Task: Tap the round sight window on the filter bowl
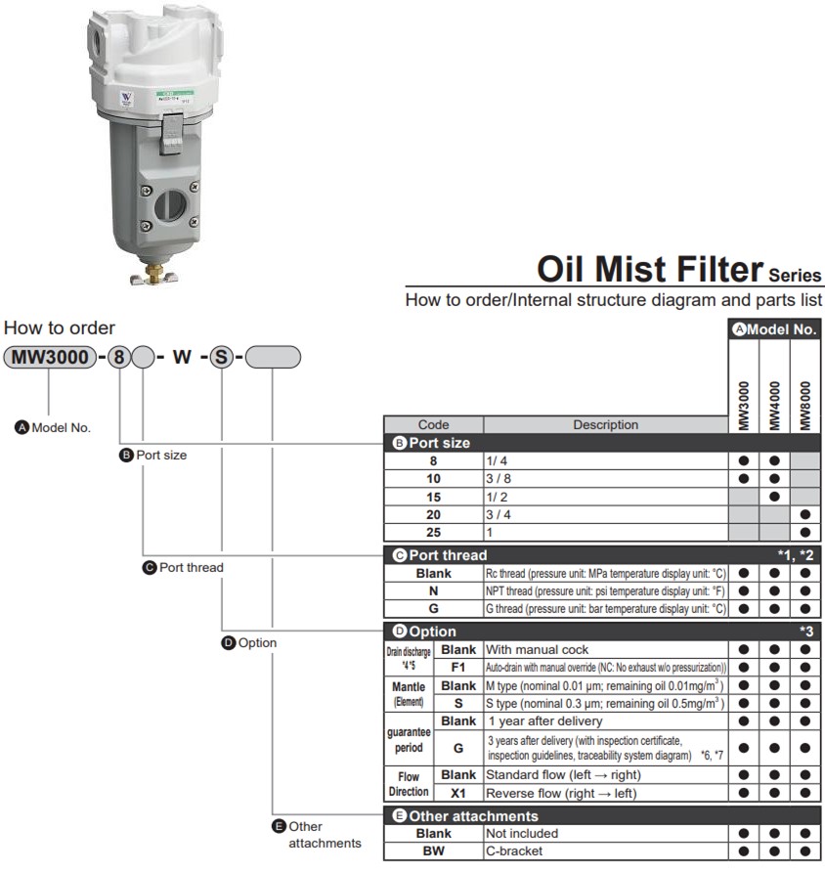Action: pyautogui.click(x=170, y=206)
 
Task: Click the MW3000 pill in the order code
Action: pyautogui.click(x=50, y=357)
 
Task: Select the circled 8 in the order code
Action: pyautogui.click(x=119, y=357)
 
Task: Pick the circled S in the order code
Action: pyautogui.click(x=221, y=357)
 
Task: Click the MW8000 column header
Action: pyautogui.click(x=805, y=406)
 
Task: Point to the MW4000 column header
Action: pyautogui.click(x=774, y=406)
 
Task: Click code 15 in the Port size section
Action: pyautogui.click(x=434, y=498)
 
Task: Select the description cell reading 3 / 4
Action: pyautogui.click(x=606, y=515)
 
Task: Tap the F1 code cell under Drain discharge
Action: pyautogui.click(x=458, y=668)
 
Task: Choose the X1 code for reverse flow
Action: pyautogui.click(x=458, y=793)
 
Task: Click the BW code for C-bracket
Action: pyautogui.click(x=434, y=850)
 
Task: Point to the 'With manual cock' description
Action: pyautogui.click(x=537, y=649)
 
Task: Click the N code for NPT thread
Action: pyautogui.click(x=434, y=591)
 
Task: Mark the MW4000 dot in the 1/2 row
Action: pyautogui.click(x=774, y=497)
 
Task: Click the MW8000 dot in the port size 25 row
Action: pyautogui.click(x=805, y=532)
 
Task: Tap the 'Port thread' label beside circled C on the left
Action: pyautogui.click(x=192, y=567)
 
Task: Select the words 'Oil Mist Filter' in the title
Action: pyautogui.click(x=650, y=269)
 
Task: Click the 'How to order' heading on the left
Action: pyautogui.click(x=60, y=328)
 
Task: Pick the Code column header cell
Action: pyautogui.click(x=434, y=425)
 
